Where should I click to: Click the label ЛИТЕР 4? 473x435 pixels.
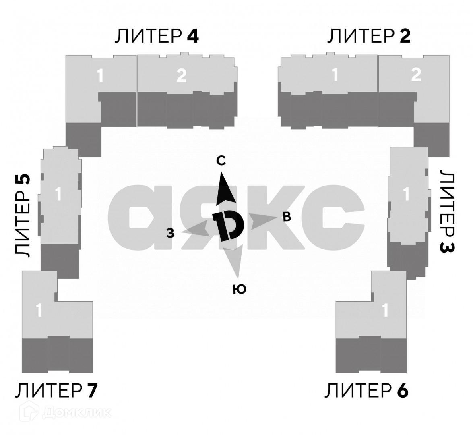tap(157, 36)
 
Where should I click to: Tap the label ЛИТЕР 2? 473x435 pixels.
tap(368, 36)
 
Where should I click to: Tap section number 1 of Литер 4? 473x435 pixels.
tap(100, 75)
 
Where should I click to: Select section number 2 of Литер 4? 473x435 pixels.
tap(182, 75)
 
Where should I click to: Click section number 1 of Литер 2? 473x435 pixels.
tap(335, 75)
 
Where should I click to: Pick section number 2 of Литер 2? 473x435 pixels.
tap(416, 75)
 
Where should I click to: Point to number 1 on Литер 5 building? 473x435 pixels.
tap(58, 194)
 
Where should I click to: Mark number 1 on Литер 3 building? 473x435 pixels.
tap(406, 194)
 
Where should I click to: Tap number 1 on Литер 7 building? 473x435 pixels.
tap(39, 311)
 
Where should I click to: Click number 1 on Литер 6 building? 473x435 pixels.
tap(385, 311)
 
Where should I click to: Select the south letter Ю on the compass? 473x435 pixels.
tap(240, 289)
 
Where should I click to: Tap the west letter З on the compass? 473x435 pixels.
tap(171, 233)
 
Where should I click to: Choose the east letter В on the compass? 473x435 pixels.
tap(287, 217)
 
